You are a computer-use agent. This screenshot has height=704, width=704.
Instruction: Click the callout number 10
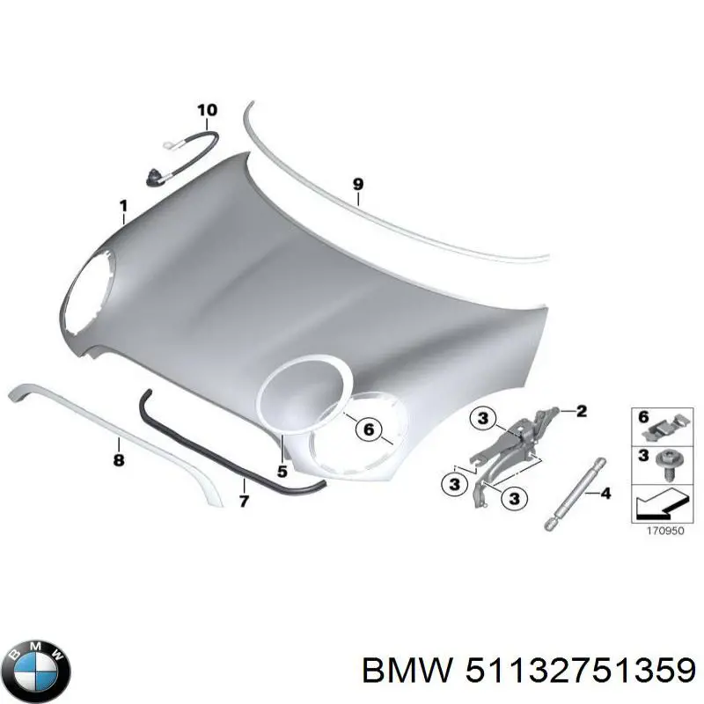tap(207, 110)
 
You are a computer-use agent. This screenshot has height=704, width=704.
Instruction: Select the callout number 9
tap(357, 184)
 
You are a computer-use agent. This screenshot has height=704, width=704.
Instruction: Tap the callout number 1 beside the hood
tap(123, 207)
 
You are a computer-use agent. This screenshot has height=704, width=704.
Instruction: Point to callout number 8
tap(119, 459)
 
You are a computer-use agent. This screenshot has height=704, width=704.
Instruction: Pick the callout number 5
tap(282, 472)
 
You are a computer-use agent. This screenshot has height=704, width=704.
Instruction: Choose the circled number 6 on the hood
tap(369, 430)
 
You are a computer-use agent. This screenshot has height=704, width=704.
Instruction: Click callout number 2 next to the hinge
tap(580, 410)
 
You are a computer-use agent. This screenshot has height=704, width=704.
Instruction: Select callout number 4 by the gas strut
tap(605, 494)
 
